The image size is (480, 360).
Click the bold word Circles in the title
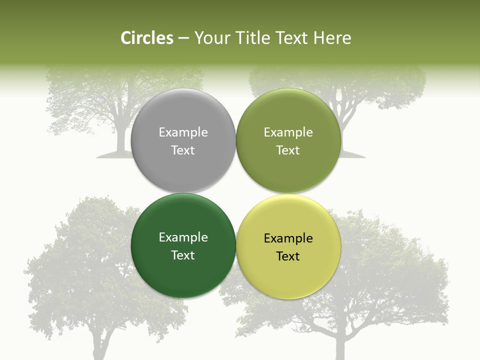coord(146,38)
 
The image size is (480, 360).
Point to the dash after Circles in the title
coord(183,38)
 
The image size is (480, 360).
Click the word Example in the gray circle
coord(183,132)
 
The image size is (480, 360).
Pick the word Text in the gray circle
coord(183,150)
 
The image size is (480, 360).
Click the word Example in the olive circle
coord(288,132)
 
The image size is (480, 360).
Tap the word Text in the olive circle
coord(288,150)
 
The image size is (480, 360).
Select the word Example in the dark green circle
coord(183,237)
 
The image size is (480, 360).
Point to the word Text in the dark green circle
coord(183,255)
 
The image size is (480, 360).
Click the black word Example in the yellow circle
coord(288,238)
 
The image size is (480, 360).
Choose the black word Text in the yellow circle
coord(288,256)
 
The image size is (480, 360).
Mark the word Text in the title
coord(292,38)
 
